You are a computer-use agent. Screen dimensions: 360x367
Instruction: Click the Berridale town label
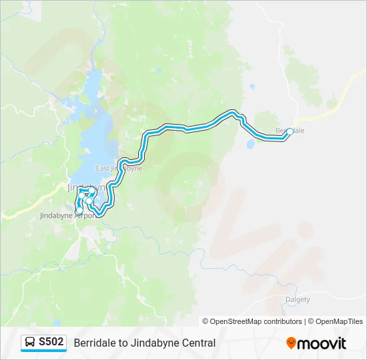pos(292,131)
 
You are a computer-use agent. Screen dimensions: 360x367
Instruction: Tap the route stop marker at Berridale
pos(289,132)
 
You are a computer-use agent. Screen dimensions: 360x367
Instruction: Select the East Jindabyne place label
pos(119,169)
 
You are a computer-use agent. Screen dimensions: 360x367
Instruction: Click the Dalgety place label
pos(298,299)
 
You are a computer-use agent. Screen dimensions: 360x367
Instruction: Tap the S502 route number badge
pos(51,342)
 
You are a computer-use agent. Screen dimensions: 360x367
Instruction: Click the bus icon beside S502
pos(31,343)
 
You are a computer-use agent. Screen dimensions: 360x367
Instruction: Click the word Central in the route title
pos(199,343)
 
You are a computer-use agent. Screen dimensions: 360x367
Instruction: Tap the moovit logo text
pos(322,343)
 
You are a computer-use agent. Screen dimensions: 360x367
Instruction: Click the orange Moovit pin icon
pos(291,343)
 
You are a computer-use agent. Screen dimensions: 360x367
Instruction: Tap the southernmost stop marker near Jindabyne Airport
pos(80,211)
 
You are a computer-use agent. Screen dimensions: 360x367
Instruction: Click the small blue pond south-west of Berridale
pos(250,143)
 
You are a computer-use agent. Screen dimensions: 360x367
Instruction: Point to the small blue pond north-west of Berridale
pos(252,86)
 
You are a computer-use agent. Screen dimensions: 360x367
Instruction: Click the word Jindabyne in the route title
pos(156,343)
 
